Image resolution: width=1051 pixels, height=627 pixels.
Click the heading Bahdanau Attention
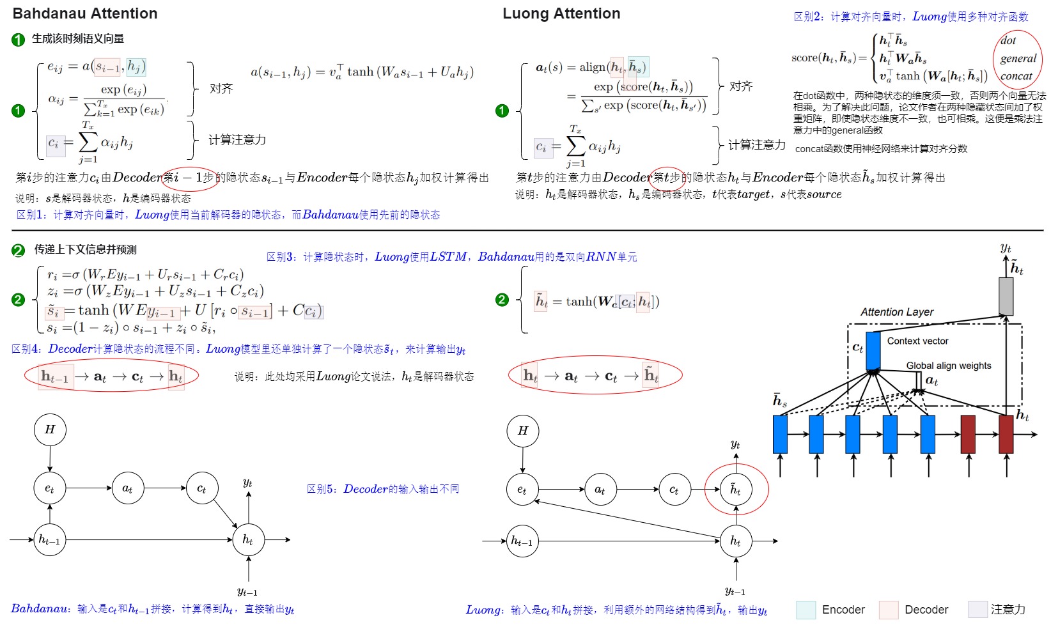(x=85, y=13)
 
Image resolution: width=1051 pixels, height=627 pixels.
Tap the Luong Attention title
(x=561, y=13)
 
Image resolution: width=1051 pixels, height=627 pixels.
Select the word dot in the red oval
(x=1008, y=41)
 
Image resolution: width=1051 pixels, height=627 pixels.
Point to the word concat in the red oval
(x=1016, y=76)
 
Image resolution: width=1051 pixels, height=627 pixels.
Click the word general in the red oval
(x=1018, y=59)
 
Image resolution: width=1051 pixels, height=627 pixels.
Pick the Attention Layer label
(x=896, y=312)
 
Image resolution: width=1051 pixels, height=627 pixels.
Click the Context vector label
(x=917, y=341)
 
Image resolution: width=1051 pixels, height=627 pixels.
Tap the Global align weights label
(x=949, y=366)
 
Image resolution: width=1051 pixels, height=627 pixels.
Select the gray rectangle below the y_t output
(x=1006, y=296)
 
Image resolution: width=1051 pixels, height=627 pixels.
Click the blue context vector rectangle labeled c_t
(x=873, y=351)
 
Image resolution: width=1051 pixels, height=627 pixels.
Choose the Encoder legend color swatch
(x=806, y=610)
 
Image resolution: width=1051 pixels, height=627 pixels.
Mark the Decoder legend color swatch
(x=889, y=610)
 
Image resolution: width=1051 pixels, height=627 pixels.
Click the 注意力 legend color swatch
(x=977, y=610)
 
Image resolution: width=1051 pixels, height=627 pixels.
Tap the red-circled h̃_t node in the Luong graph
(x=736, y=490)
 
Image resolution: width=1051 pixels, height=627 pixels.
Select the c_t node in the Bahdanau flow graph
(x=201, y=489)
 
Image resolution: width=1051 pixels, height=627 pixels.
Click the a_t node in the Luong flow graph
(x=600, y=490)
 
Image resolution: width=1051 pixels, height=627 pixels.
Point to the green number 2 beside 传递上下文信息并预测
(x=19, y=250)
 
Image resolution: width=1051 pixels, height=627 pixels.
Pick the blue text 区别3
(x=280, y=257)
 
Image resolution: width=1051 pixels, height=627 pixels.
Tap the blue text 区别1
(x=30, y=215)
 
